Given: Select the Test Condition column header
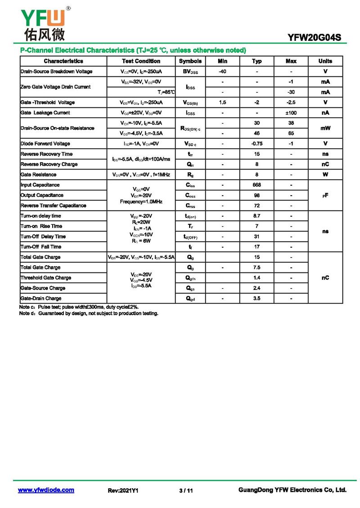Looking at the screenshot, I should [141, 61].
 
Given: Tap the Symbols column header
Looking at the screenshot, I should [190, 61].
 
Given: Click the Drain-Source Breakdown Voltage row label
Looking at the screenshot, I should [56, 71].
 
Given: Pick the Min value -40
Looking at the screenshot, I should [222, 71].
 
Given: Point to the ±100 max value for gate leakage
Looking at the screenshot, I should [291, 113].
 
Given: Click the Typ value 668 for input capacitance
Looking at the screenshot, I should [256, 185].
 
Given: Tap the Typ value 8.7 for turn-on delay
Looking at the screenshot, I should [256, 216].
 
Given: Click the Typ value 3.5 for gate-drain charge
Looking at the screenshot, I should [256, 299].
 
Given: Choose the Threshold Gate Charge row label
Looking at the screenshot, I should [45, 278].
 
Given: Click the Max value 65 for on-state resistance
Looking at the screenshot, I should [291, 134].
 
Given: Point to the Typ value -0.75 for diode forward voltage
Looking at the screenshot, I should [256, 144].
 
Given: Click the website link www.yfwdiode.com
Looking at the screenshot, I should [46, 490].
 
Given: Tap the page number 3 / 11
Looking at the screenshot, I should [186, 490].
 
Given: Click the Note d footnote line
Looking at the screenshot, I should [89, 313].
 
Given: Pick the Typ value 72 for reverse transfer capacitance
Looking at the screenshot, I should [256, 205].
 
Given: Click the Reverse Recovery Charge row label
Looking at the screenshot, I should [49, 164].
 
